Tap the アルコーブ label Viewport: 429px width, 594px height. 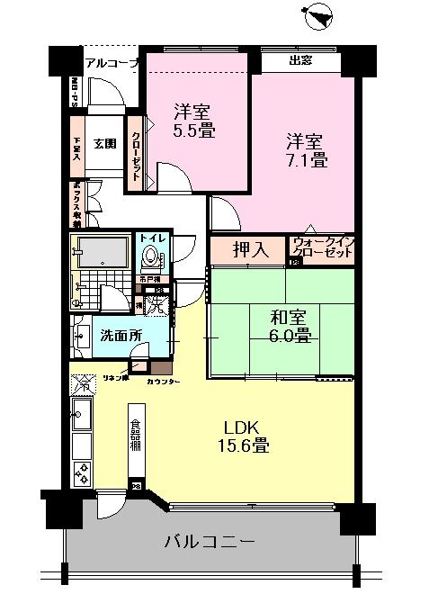coord(112,62)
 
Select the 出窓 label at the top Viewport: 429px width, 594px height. coord(301,62)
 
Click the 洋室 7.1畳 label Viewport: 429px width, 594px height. coord(306,151)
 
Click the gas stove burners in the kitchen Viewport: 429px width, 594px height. coord(81,472)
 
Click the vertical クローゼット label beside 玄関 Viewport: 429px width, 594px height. coord(135,149)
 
